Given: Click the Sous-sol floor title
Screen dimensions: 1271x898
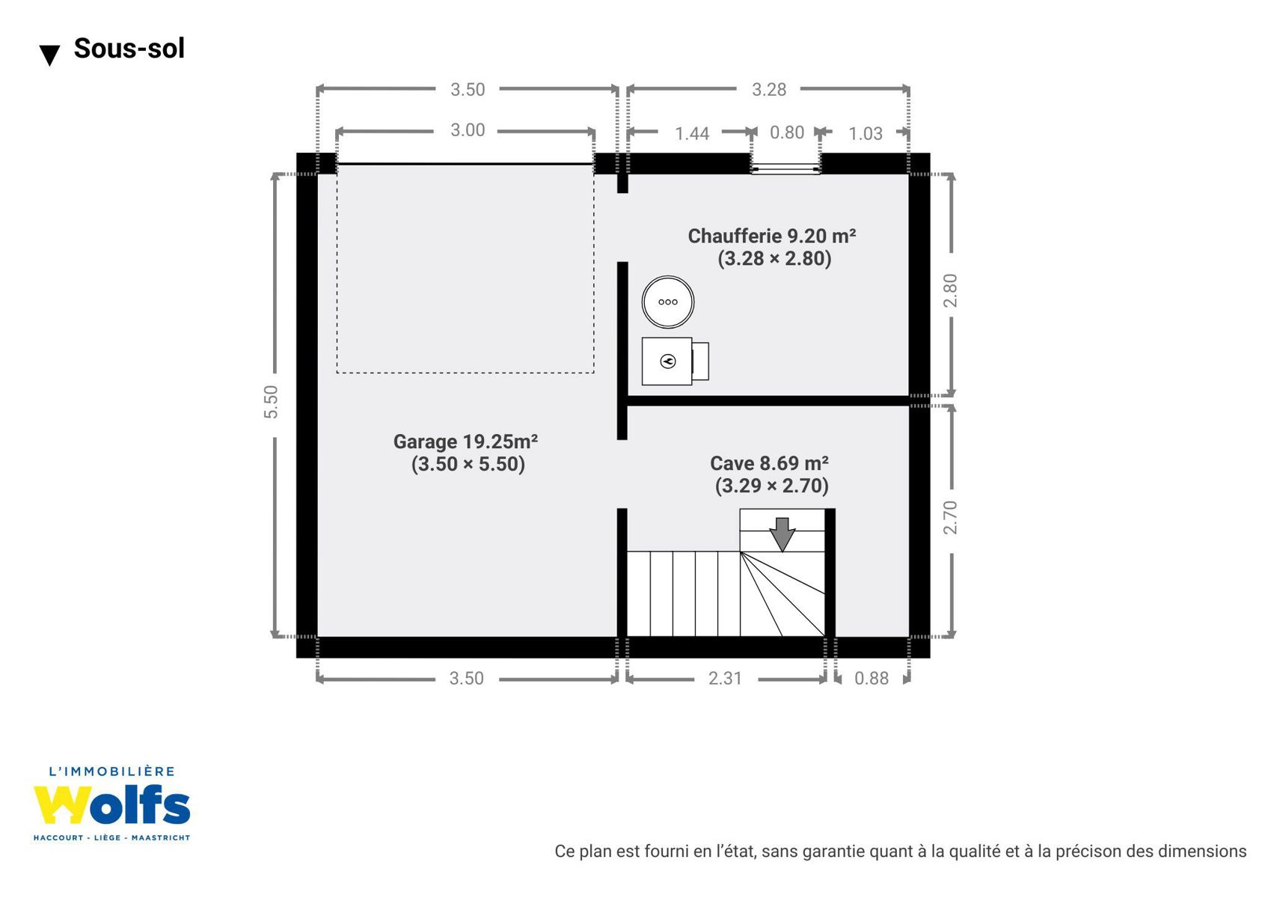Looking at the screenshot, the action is [x=129, y=48].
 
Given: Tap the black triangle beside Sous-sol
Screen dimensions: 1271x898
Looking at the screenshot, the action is [x=49, y=55].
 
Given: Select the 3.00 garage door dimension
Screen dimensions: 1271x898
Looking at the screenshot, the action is [x=468, y=130].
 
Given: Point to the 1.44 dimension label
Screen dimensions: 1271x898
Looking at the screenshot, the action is [x=692, y=133].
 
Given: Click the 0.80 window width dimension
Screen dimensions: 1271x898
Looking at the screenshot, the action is [x=786, y=132].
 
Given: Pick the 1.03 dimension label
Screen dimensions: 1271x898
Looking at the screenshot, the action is [x=866, y=133].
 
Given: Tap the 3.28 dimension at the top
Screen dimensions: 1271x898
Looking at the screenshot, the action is [x=769, y=90].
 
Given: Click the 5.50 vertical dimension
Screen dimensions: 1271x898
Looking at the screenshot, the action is [x=271, y=402].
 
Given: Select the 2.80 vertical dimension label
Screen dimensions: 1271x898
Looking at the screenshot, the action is [x=950, y=290].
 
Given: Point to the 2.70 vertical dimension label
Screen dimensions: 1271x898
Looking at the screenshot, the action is [x=950, y=518].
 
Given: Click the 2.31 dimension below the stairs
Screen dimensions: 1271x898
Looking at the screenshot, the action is [x=725, y=678].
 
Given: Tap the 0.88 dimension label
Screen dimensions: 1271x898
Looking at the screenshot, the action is [x=872, y=678].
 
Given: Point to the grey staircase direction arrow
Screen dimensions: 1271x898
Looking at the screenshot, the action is [x=782, y=534].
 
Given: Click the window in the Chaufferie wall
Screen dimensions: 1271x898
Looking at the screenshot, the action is [x=785, y=168].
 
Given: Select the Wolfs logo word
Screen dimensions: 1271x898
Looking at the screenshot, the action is [x=111, y=805].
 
